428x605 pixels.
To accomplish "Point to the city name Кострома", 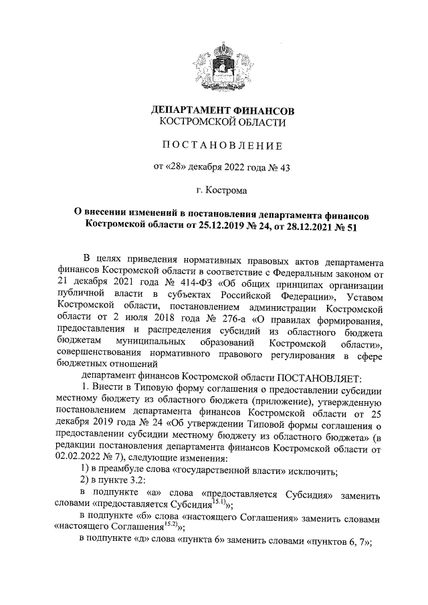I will tap(227, 191).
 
